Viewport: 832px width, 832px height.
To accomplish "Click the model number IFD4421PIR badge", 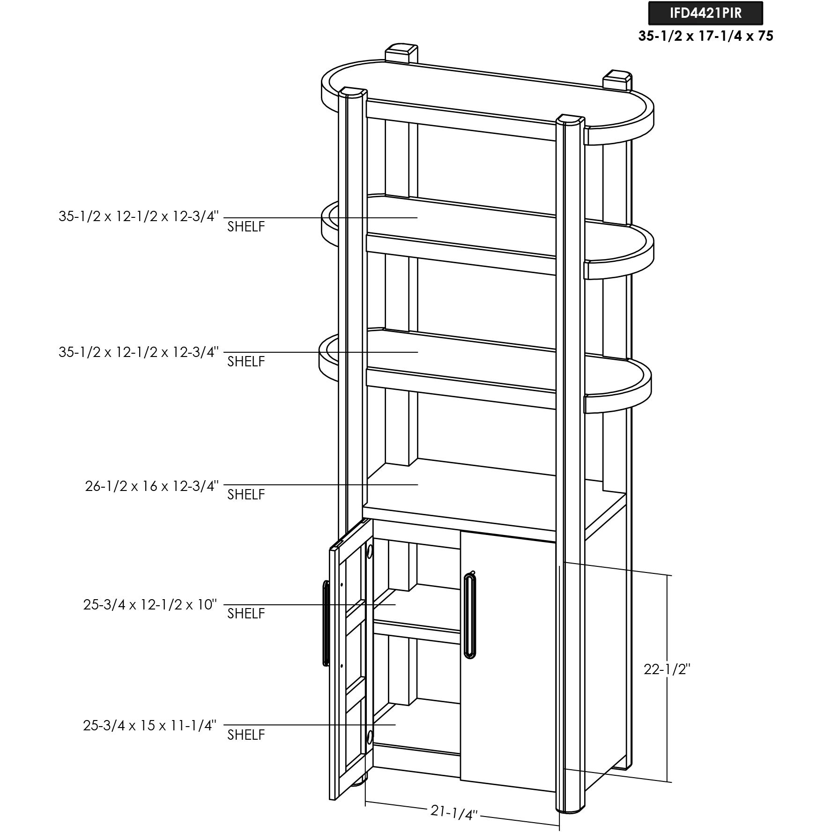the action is pos(706,13).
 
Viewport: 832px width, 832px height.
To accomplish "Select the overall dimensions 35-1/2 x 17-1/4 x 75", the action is pos(706,36).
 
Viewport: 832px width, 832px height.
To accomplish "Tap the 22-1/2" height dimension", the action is pos(667,669).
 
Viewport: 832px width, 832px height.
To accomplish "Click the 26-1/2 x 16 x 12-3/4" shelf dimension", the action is pos(152,486).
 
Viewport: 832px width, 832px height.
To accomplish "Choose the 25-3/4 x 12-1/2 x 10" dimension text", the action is pos(150,605).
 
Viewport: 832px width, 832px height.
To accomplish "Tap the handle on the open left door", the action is pos(326,623).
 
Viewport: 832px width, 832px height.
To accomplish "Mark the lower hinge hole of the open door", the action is pos(370,737).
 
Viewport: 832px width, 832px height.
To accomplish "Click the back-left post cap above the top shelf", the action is pos(401,53).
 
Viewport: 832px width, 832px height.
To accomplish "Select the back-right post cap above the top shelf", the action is pos(618,80).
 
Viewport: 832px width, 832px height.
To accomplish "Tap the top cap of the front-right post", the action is pos(570,119).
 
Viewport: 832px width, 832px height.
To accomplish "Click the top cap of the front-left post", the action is pos(352,92).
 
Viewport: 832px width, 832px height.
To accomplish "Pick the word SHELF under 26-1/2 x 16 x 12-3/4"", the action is pos(246,495).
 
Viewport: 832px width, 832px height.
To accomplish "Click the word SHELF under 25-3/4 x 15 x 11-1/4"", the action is pos(246,735).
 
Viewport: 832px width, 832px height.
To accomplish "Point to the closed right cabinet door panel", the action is pos(508,661).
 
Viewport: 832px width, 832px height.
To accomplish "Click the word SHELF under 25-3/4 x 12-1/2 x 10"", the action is pos(246,614).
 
